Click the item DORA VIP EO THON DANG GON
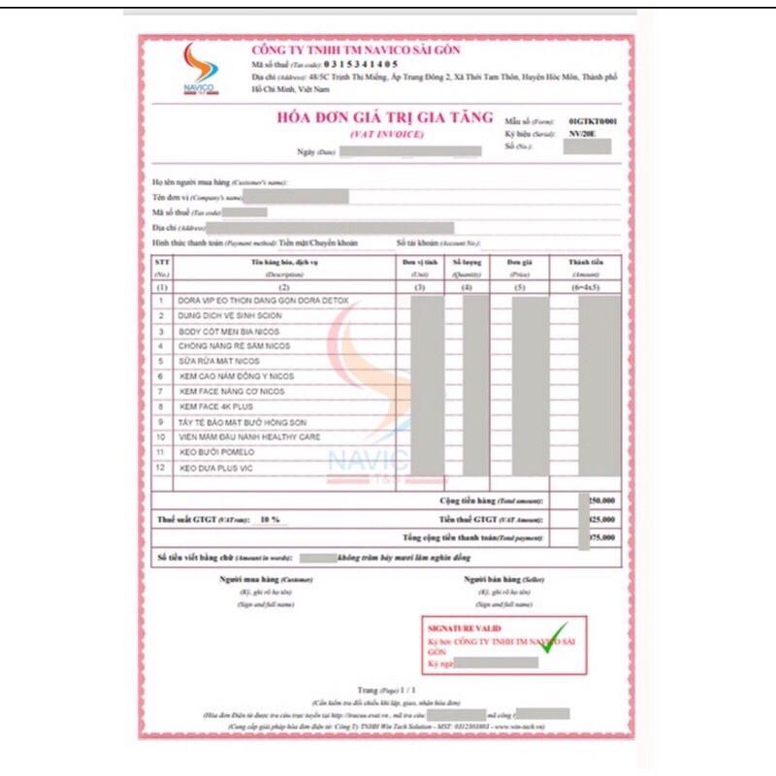point(262,302)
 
